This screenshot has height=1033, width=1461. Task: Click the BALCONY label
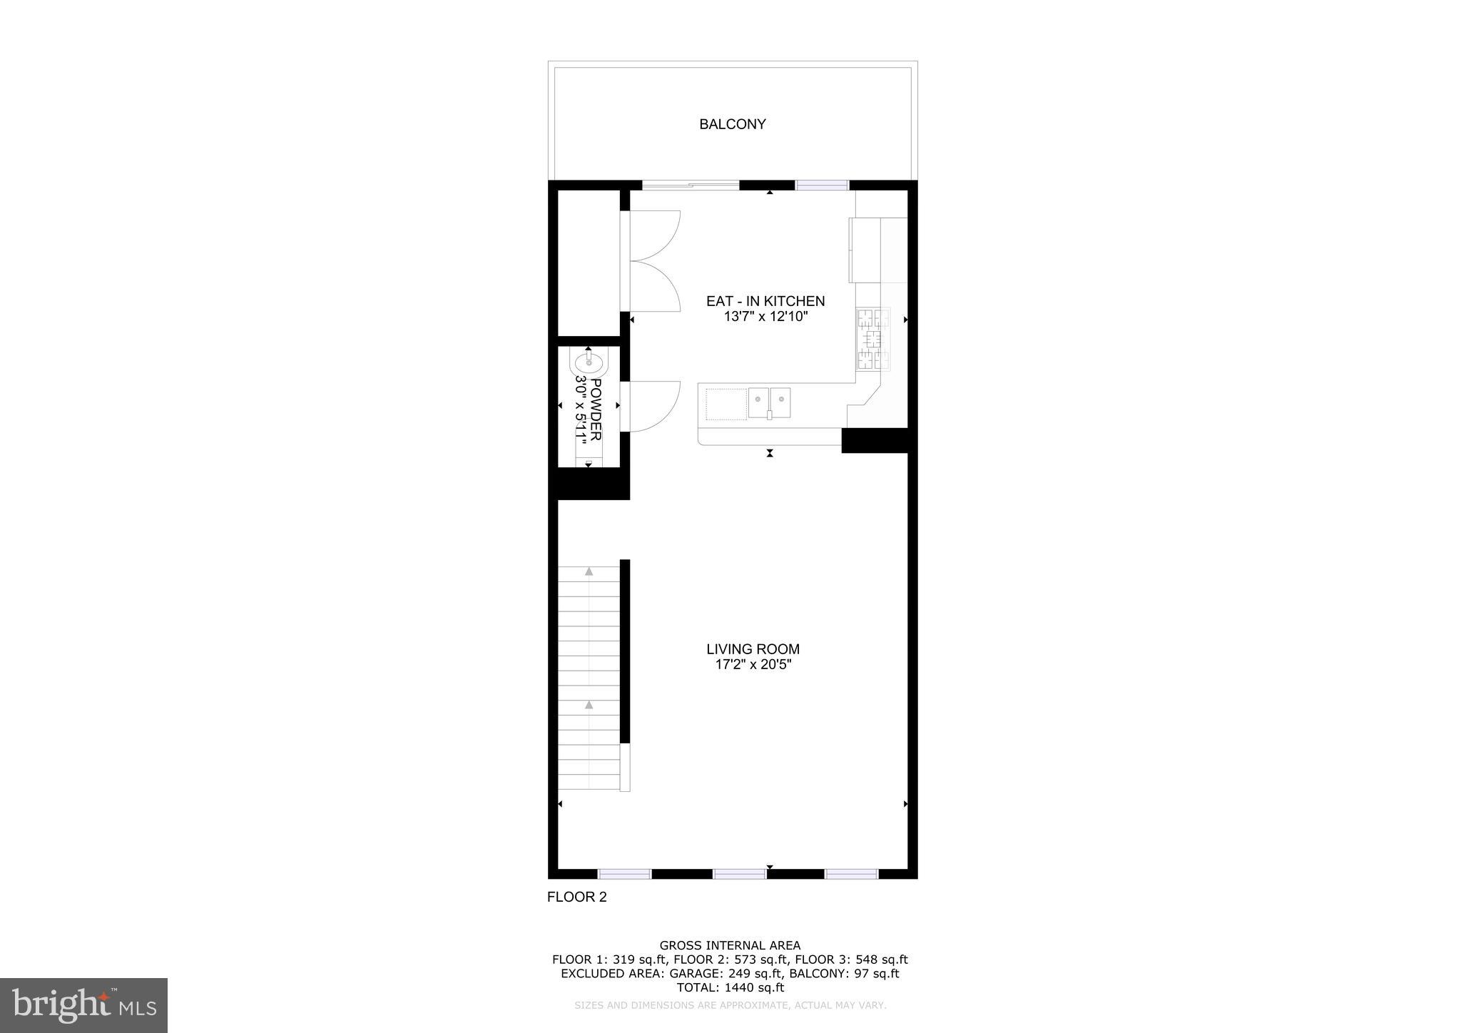pos(732,124)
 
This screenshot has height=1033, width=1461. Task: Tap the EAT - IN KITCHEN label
pos(765,301)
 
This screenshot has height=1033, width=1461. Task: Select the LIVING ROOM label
pos(753,649)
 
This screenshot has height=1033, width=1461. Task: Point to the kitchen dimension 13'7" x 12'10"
pos(765,317)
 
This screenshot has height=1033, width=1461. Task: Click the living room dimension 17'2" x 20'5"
pos(753,665)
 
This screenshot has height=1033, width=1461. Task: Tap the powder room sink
pos(589,365)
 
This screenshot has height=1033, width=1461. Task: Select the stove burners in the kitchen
pos(873,339)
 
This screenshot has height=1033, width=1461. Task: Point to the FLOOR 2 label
pos(576,897)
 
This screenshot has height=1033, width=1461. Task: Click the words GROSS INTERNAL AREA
pos(730,946)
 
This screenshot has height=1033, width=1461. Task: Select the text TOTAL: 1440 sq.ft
pos(730,988)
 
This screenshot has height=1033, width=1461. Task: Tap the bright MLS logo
pos(83,1005)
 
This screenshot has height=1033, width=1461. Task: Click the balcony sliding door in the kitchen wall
pos(690,185)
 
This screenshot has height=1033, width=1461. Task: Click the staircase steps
pos(589,678)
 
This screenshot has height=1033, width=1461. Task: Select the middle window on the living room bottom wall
pos(739,874)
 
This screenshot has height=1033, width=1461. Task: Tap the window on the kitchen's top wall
pos(822,185)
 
